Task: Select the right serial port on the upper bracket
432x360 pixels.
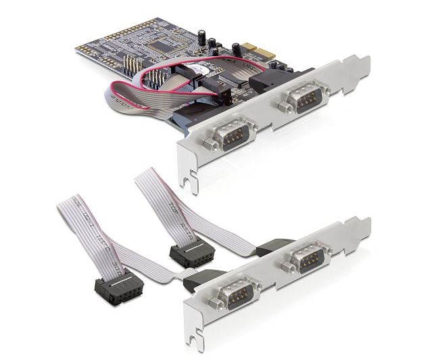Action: (x=301, y=100)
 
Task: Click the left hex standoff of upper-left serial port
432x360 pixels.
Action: (x=210, y=143)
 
